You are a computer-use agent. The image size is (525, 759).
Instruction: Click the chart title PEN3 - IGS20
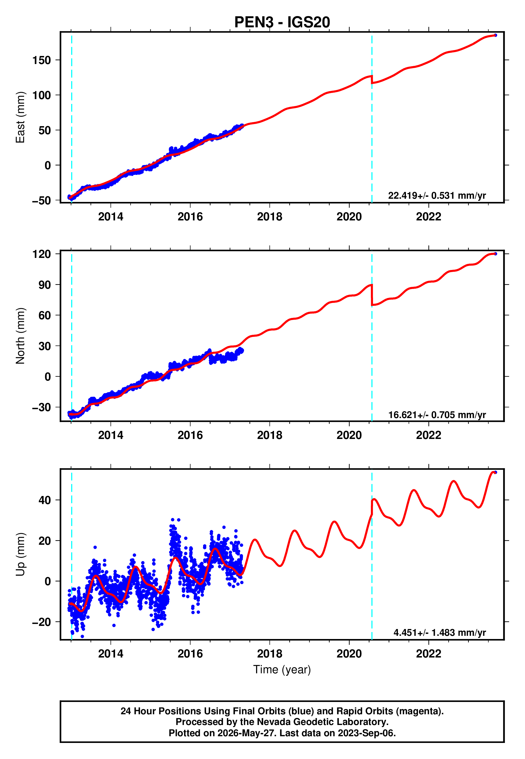pos(282,22)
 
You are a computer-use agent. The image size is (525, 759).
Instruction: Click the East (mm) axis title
pos(20,117)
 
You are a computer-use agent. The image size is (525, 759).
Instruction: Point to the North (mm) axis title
pos(20,336)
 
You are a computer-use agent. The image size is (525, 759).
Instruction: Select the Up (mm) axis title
pos(20,554)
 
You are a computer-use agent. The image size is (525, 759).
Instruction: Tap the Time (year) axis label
pos(282,670)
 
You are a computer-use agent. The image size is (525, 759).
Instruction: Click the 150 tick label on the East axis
pos(42,60)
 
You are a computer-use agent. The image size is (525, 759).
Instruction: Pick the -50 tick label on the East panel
pos(41,200)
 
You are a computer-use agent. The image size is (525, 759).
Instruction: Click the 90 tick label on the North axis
pos(45,285)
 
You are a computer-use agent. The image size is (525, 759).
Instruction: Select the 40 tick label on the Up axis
pos(45,500)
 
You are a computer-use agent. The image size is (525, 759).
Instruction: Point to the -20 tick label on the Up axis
pos(41,622)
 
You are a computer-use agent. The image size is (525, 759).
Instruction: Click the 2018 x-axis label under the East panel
pos(270,217)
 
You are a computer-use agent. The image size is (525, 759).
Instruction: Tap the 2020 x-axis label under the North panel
pos(349,435)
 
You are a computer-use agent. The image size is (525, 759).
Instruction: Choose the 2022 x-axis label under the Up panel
pos(429,654)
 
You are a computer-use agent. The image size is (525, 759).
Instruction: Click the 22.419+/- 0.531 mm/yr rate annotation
pos(437,196)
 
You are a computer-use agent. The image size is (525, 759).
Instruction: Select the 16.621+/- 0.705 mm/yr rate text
pos(437,415)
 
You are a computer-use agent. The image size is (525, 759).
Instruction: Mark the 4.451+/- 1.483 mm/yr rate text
pos(440,633)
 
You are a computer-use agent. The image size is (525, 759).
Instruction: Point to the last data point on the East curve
pos(495,35)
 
